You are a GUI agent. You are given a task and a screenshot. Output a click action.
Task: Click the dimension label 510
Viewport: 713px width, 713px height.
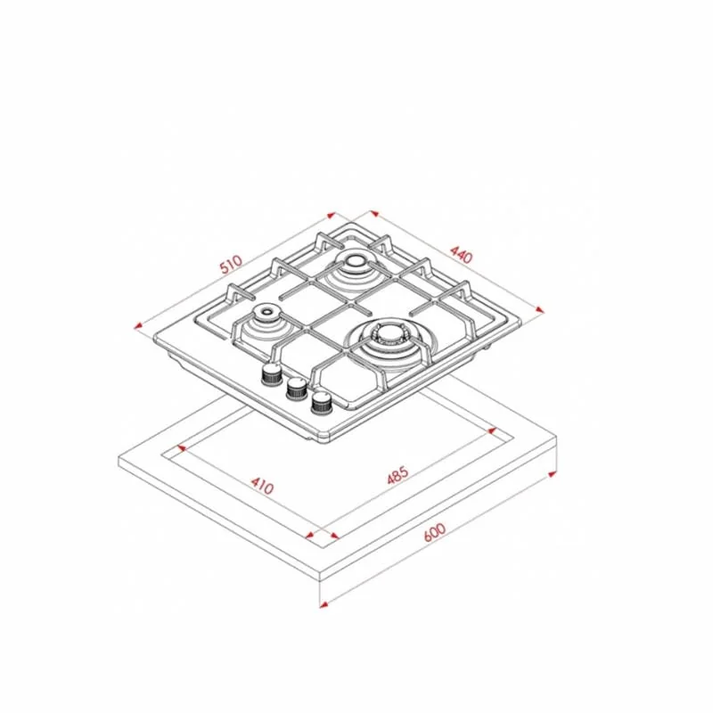(x=231, y=265)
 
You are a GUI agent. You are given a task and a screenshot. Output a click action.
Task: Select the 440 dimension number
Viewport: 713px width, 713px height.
(x=462, y=255)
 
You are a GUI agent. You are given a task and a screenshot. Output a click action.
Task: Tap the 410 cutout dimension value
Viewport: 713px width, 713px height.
(x=262, y=485)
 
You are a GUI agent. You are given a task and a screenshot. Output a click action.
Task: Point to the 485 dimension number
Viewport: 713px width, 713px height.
(x=397, y=475)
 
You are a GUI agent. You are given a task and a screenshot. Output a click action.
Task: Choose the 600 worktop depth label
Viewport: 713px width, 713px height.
(x=435, y=532)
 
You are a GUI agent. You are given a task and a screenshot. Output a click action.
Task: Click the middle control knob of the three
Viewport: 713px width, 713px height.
(x=297, y=389)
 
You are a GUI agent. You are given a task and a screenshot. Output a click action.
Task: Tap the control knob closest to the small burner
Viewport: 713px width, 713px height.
(x=272, y=374)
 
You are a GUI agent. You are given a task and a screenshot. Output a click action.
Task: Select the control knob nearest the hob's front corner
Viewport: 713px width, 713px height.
(x=322, y=403)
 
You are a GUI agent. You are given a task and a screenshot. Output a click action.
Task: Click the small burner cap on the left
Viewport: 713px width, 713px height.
(x=266, y=312)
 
